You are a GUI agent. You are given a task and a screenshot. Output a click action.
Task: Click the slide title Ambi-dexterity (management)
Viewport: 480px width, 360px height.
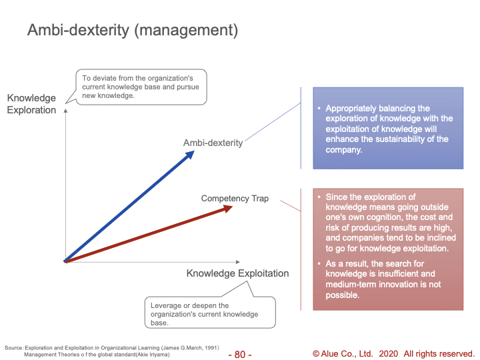click(x=133, y=30)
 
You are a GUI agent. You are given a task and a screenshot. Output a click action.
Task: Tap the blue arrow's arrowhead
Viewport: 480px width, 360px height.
click(x=190, y=155)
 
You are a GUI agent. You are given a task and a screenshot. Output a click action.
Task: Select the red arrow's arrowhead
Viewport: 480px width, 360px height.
click(x=227, y=209)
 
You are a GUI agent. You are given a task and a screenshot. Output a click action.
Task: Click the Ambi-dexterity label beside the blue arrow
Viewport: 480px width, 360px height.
click(x=213, y=143)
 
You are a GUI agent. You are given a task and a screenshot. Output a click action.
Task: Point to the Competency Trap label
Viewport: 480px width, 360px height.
click(x=235, y=199)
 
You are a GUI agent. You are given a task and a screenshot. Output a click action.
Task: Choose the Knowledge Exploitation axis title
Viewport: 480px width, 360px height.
click(x=237, y=273)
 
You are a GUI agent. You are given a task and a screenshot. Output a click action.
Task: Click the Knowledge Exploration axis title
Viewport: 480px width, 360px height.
click(x=31, y=104)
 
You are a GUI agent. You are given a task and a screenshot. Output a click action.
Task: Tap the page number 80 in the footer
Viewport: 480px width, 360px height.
click(x=240, y=354)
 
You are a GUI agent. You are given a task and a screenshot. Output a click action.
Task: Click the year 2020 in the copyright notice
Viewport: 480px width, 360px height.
click(x=389, y=353)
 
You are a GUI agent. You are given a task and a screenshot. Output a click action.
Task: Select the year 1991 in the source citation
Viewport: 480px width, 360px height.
click(x=211, y=348)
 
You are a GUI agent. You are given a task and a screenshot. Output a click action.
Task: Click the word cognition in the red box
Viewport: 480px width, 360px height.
click(x=385, y=217)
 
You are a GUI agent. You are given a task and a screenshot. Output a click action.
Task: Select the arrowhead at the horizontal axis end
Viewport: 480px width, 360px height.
click(x=238, y=262)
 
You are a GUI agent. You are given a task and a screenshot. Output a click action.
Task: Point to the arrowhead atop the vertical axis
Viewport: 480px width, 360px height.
click(x=65, y=111)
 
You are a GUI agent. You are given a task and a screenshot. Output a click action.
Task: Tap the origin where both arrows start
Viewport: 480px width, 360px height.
click(x=65, y=261)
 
